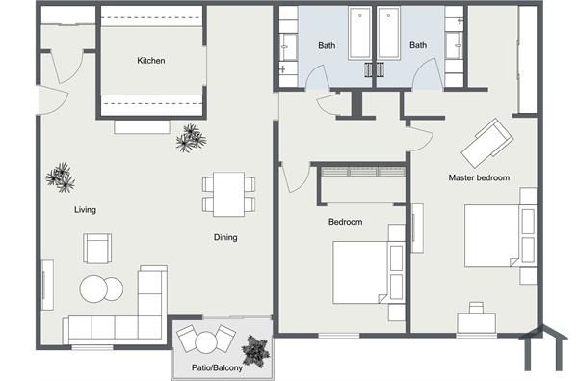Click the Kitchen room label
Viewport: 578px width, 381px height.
coord(150,61)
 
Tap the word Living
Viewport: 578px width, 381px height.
coord(86,209)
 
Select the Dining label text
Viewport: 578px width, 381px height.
coord(225,237)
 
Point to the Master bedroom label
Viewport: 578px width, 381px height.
coord(479,177)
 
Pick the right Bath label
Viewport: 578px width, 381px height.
coord(418,45)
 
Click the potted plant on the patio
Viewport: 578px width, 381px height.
coord(255,350)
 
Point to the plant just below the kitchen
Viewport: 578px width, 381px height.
coord(191,139)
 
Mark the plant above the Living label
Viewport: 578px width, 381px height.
coord(61,177)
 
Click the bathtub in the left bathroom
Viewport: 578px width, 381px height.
coord(360,34)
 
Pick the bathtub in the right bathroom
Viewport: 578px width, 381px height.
coord(389,34)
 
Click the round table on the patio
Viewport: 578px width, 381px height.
coord(204,342)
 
